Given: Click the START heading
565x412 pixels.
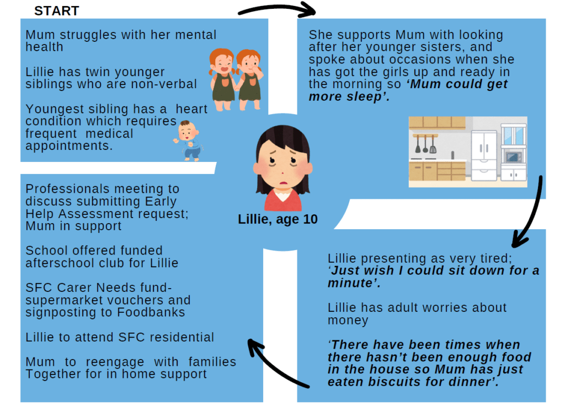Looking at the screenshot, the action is click(x=57, y=11).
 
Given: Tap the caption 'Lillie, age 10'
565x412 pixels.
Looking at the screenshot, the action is click(x=278, y=219).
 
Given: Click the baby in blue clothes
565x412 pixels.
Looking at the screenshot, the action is click(x=188, y=140).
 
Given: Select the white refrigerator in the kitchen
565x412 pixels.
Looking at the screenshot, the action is click(x=484, y=156).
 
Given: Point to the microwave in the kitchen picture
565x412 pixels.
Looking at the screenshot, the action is click(x=513, y=157).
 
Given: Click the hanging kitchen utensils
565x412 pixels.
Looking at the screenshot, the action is click(x=425, y=144).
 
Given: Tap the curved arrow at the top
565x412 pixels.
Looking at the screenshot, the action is click(x=277, y=9).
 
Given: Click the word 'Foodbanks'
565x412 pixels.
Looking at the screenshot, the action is click(x=151, y=312).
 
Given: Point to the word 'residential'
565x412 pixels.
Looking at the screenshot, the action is click(x=182, y=337).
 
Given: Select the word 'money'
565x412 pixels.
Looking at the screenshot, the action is click(x=348, y=320).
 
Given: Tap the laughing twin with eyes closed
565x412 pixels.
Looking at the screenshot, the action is click(x=222, y=79).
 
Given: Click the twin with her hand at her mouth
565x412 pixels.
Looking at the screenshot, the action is click(x=249, y=79).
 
